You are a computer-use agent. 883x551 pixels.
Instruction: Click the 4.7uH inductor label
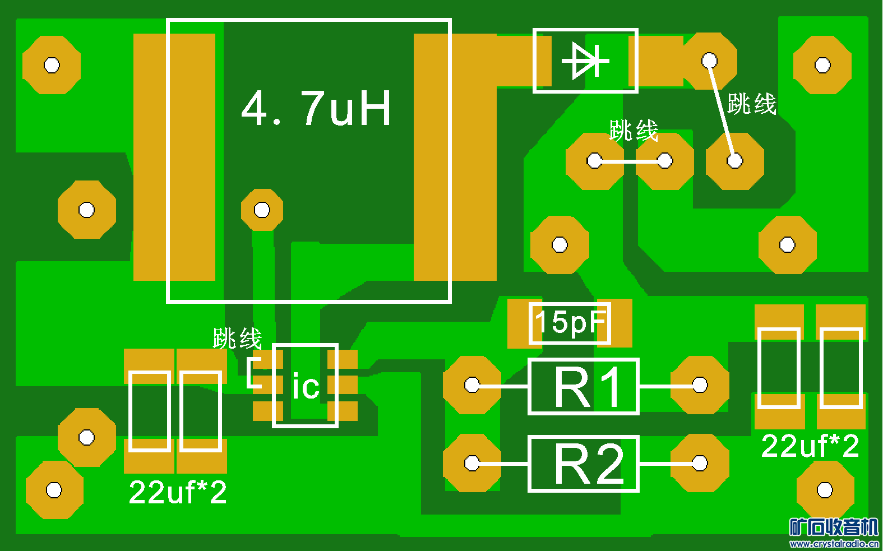(316, 108)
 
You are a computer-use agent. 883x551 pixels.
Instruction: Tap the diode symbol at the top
(585, 61)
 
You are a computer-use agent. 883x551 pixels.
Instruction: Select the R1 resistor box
(584, 386)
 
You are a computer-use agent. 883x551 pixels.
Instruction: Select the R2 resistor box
(584, 464)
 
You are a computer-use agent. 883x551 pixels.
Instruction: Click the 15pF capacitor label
(570, 323)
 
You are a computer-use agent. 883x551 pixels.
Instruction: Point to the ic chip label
(306, 387)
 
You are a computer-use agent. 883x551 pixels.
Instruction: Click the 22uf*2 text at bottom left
(178, 493)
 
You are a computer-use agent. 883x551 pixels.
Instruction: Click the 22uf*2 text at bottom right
(810, 446)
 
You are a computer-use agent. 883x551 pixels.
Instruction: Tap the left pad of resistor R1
(472, 385)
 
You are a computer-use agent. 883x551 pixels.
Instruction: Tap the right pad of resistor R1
(700, 385)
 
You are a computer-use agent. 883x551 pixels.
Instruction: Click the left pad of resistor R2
(472, 463)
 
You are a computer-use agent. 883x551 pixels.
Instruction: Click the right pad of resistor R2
(700, 463)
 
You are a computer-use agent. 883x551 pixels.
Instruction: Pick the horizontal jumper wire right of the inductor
(630, 161)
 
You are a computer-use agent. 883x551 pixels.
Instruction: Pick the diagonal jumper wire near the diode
(722, 110)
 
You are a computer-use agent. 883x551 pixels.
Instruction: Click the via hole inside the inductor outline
(262, 210)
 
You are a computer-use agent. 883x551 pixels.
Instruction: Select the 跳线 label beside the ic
(237, 339)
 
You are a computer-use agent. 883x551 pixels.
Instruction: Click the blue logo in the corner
(833, 527)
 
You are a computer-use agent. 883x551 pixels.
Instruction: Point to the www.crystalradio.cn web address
(834, 543)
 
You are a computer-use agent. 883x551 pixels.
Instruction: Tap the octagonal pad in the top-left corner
(52, 65)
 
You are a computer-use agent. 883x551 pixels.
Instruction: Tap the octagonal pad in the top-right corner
(822, 65)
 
